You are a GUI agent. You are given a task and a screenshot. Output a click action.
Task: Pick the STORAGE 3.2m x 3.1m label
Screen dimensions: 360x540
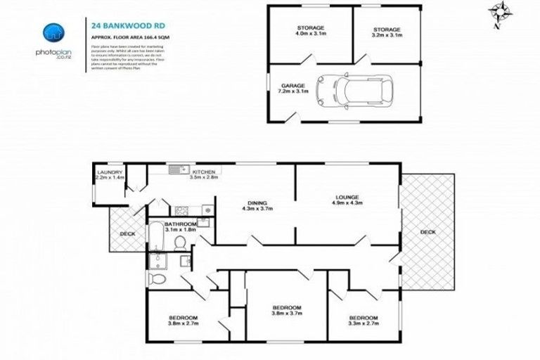pyautogui.click(x=386, y=32)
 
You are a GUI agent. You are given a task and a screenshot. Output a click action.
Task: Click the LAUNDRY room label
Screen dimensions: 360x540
pyautogui.click(x=110, y=175)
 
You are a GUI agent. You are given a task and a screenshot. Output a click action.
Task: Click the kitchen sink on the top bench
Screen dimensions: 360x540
pyautogui.click(x=177, y=169)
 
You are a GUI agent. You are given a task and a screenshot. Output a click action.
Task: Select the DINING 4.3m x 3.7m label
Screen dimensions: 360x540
pyautogui.click(x=257, y=205)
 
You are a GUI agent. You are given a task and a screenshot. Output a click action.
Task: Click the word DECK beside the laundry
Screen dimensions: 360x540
pyautogui.click(x=127, y=233)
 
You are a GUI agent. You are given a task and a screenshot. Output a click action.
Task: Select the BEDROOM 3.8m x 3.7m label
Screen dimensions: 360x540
pyautogui.click(x=287, y=311)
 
